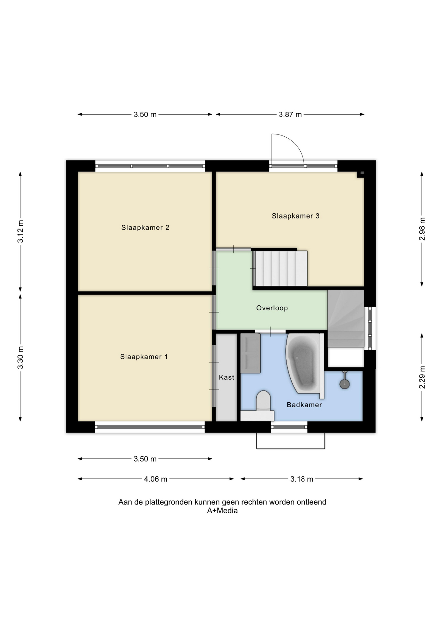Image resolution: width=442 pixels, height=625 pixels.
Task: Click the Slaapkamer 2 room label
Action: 145,228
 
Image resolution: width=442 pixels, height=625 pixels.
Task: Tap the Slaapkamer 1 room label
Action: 144,357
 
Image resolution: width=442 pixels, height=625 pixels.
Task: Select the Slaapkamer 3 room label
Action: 296,216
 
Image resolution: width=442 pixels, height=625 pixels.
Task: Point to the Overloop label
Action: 272,308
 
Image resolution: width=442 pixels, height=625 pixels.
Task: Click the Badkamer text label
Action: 304,405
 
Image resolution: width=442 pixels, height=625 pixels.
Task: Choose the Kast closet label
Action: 227,377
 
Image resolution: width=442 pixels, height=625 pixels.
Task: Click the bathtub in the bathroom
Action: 305,366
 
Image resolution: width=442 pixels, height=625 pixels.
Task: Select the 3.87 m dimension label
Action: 290,115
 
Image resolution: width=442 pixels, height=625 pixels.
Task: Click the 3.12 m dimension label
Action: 21,231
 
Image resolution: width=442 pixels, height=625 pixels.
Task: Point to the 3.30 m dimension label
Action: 21,358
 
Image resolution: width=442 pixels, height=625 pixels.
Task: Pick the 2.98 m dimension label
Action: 422,229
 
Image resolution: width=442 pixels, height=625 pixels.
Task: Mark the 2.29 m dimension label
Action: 422,377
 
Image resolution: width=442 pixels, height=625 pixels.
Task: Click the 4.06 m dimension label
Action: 156,479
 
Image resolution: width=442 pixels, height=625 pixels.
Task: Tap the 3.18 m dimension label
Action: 302,479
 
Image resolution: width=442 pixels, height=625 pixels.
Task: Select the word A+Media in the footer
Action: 222,511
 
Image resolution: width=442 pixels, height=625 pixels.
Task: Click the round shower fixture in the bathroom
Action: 344,384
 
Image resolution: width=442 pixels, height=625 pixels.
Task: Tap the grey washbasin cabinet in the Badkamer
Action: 250,353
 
